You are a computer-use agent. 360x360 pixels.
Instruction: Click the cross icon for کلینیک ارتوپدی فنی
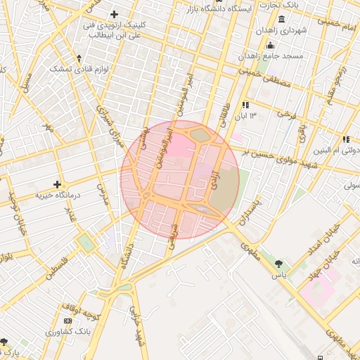114,15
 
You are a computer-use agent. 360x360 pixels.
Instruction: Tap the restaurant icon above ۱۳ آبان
245,105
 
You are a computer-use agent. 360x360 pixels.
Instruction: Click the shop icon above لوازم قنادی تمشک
79,58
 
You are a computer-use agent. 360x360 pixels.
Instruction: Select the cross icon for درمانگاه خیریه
57,184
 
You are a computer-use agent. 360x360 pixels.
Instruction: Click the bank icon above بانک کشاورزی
67,321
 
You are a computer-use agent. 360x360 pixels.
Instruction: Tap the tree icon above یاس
280,264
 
